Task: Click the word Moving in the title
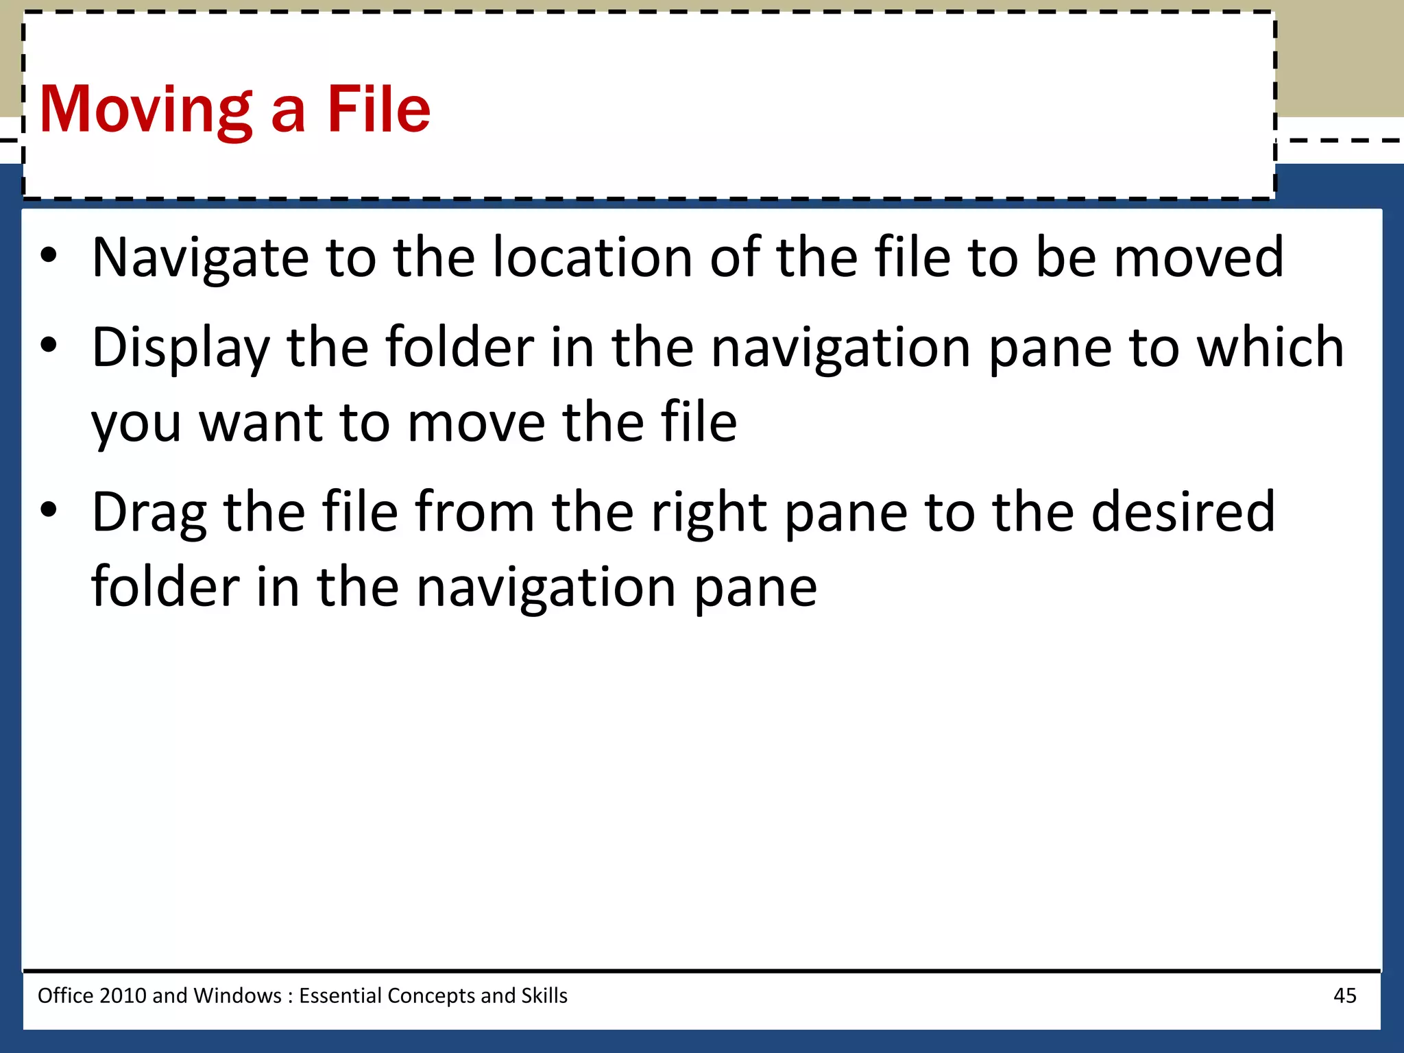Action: tap(146, 110)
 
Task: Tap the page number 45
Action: tap(1344, 995)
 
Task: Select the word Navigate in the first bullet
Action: tap(200, 258)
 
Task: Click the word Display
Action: tap(181, 348)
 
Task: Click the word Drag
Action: tap(149, 513)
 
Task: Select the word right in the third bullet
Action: tap(709, 513)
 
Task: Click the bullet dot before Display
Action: tap(48, 346)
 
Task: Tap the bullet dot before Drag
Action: tap(48, 511)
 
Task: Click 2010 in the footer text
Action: tap(122, 995)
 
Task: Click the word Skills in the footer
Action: tap(544, 995)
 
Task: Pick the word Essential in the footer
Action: tap(340, 995)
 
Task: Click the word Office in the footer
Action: tap(65, 995)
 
